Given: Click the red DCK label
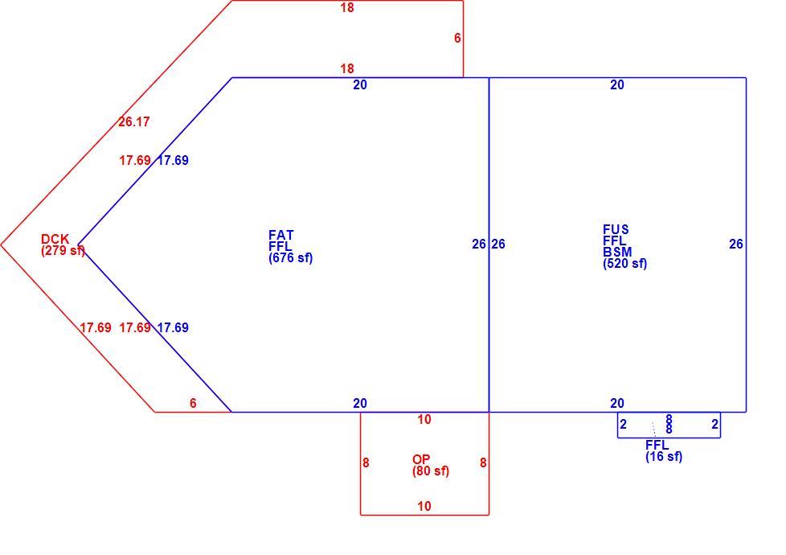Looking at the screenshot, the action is (55, 239).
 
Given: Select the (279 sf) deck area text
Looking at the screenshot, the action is (63, 250).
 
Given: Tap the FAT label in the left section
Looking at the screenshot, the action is (281, 235).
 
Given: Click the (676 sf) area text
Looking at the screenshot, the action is (291, 258).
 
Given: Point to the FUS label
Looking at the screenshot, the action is (616, 229).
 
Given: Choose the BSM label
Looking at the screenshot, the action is (617, 252).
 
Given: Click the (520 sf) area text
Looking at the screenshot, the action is (625, 264).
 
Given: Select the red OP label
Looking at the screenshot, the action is (421, 459).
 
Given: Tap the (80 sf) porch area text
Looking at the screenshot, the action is (431, 471).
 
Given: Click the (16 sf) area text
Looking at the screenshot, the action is (664, 457).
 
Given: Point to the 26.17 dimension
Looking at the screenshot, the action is (134, 122).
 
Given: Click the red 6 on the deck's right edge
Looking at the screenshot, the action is (457, 38).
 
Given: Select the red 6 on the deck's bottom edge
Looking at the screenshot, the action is (193, 403).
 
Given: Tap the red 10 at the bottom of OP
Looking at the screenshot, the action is (424, 506).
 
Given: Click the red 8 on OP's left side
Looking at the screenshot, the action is (366, 462).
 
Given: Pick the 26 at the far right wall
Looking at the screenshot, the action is (736, 244).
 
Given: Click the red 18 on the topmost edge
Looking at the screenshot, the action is (347, 7).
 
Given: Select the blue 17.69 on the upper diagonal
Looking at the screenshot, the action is (173, 161).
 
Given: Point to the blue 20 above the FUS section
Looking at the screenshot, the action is (617, 84).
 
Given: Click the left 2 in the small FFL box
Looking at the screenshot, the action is (623, 425).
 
